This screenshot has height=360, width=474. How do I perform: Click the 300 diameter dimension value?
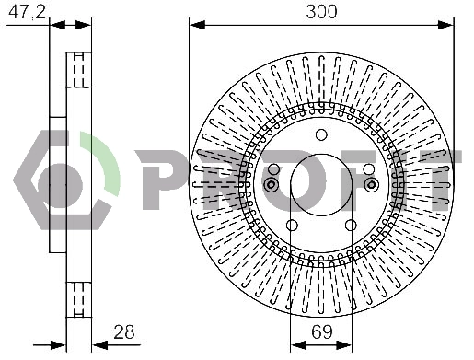point(321,12)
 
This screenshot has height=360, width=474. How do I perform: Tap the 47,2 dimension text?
point(27,12)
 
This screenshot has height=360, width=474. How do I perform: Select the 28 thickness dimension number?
point(124,332)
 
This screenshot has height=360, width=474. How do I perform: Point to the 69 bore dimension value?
point(321,331)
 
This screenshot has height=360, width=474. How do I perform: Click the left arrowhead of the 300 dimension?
point(197,25)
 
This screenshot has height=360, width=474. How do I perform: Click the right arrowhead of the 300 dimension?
point(445,25)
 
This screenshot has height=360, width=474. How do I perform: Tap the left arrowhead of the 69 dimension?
point(298,345)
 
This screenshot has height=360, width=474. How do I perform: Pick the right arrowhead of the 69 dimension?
point(344,345)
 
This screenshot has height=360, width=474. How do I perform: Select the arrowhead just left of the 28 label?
point(100,345)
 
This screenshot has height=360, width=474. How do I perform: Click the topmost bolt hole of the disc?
point(321,134)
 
